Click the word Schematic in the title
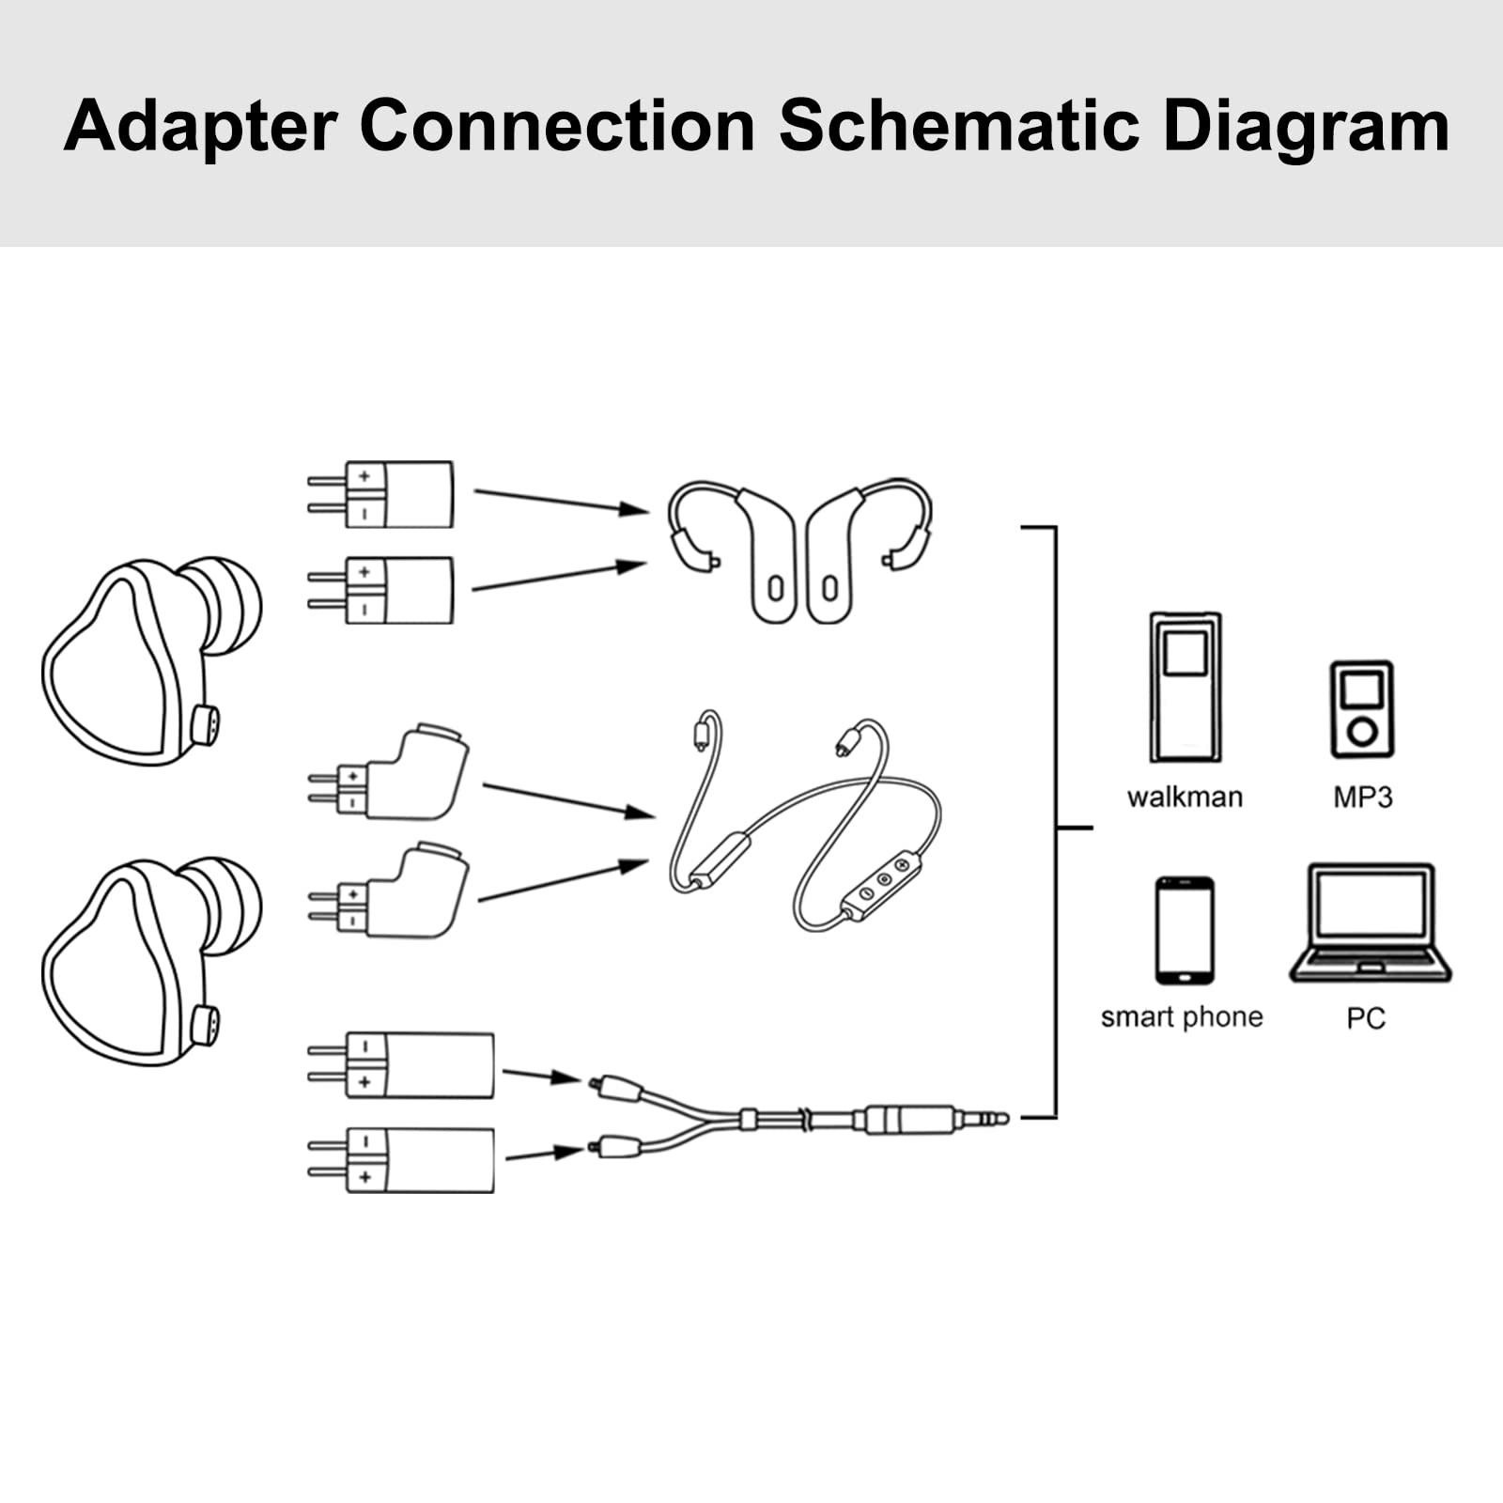click(958, 126)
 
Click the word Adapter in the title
click(200, 128)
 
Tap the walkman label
click(1185, 798)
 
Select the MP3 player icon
click(1361, 709)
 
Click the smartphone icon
click(1185, 930)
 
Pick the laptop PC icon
click(1371, 923)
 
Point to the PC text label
click(1365, 1018)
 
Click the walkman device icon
click(1185, 687)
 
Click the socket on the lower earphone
click(205, 1025)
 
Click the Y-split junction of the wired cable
click(748, 1119)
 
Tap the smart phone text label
click(1182, 1017)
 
